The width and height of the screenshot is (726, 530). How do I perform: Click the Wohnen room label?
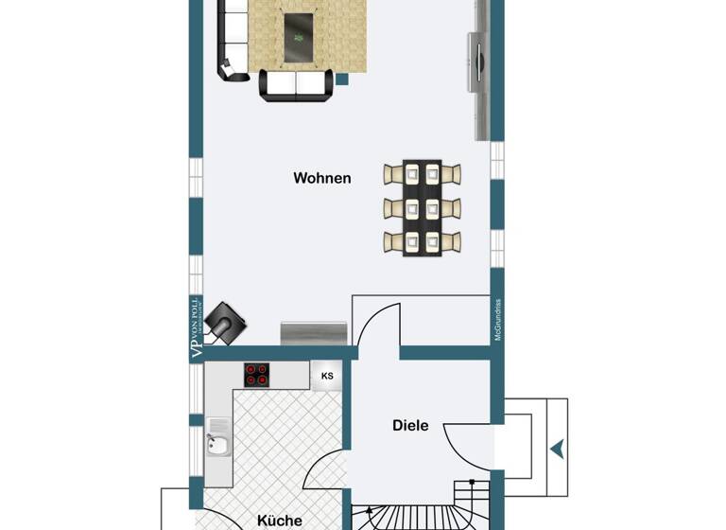(321, 178)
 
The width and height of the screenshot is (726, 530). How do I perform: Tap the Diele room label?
(410, 426)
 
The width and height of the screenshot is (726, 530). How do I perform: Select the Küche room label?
(280, 520)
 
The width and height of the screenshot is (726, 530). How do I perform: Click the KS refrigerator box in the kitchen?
(327, 376)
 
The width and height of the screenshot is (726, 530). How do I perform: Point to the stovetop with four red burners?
(256, 376)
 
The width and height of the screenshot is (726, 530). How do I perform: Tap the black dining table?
(423, 207)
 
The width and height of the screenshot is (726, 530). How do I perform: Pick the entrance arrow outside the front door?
(558, 446)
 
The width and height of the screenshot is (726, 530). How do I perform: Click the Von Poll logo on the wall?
(196, 327)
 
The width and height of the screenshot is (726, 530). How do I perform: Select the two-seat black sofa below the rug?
(298, 85)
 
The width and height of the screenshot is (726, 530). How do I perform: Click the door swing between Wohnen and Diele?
(379, 326)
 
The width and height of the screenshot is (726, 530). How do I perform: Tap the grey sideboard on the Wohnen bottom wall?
(314, 333)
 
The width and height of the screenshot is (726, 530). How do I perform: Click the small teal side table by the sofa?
(342, 79)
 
